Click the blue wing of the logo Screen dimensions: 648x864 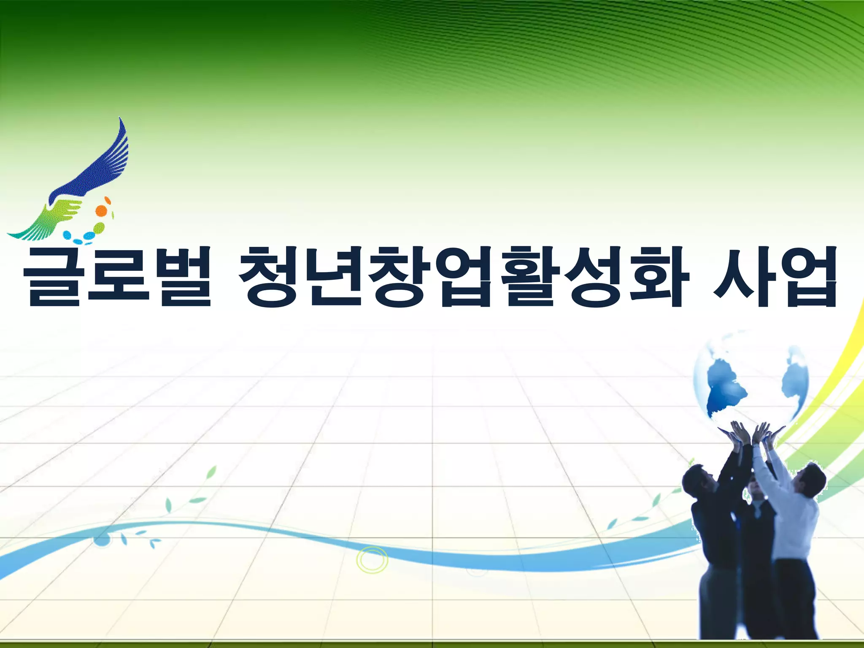[101, 169]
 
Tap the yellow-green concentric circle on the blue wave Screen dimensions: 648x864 [372, 560]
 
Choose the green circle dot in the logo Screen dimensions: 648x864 [99, 228]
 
